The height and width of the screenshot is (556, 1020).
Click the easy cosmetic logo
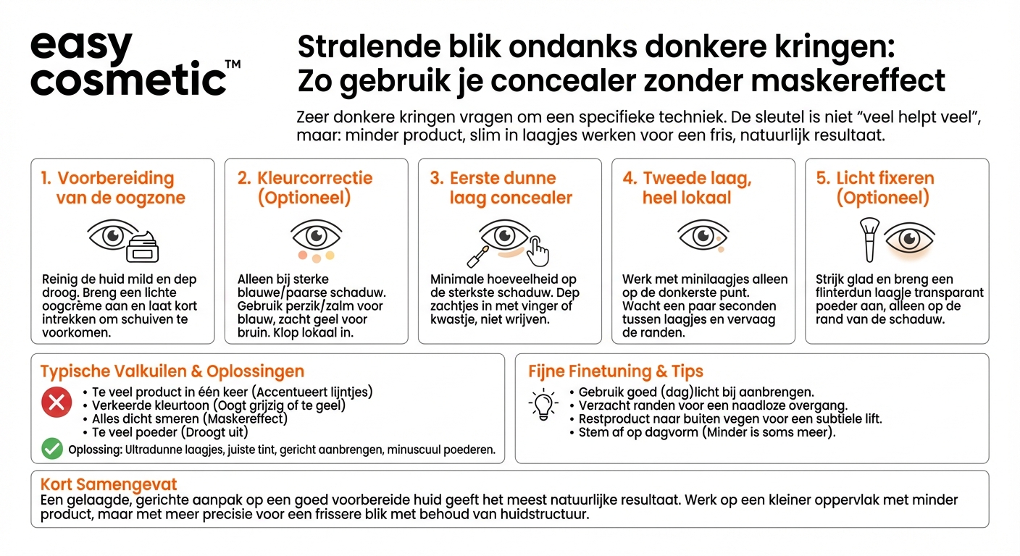click(x=129, y=64)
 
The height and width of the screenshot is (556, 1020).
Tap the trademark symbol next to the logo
click(x=233, y=65)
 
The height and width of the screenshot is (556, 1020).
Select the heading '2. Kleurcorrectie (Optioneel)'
click(x=305, y=188)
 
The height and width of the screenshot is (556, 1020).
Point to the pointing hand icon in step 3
click(x=537, y=250)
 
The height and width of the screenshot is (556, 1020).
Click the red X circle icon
click(x=56, y=403)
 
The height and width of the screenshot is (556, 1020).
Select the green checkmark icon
click(x=52, y=449)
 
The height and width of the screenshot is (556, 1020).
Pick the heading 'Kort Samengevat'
click(x=109, y=484)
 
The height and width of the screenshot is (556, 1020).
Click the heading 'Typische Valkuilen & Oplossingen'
click(x=172, y=371)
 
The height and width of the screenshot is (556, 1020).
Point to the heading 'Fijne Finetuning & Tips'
click(x=616, y=371)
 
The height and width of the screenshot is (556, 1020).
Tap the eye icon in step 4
click(x=703, y=236)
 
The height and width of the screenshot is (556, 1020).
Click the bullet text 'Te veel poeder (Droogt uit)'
click(x=170, y=431)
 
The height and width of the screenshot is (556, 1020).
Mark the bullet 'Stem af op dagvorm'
click(x=707, y=432)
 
